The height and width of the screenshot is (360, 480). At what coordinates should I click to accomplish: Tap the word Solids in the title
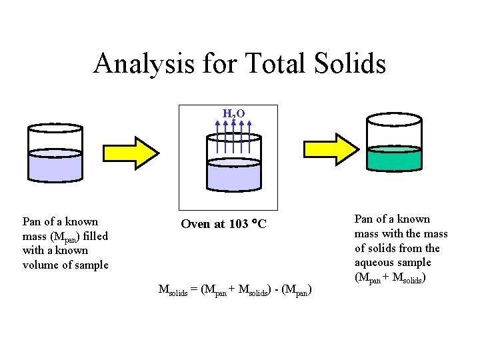[x=350, y=63]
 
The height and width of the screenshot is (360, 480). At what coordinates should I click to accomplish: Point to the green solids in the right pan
[x=394, y=159]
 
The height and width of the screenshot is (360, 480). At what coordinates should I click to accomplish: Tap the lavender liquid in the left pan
[x=56, y=164]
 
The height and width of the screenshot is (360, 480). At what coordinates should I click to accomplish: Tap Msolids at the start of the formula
[x=173, y=290]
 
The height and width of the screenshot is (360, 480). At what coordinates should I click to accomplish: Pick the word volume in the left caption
[x=39, y=265]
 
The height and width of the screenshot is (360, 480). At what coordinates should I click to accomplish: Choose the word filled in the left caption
[x=95, y=236]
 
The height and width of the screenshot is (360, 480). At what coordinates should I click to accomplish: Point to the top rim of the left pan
[x=55, y=127]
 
